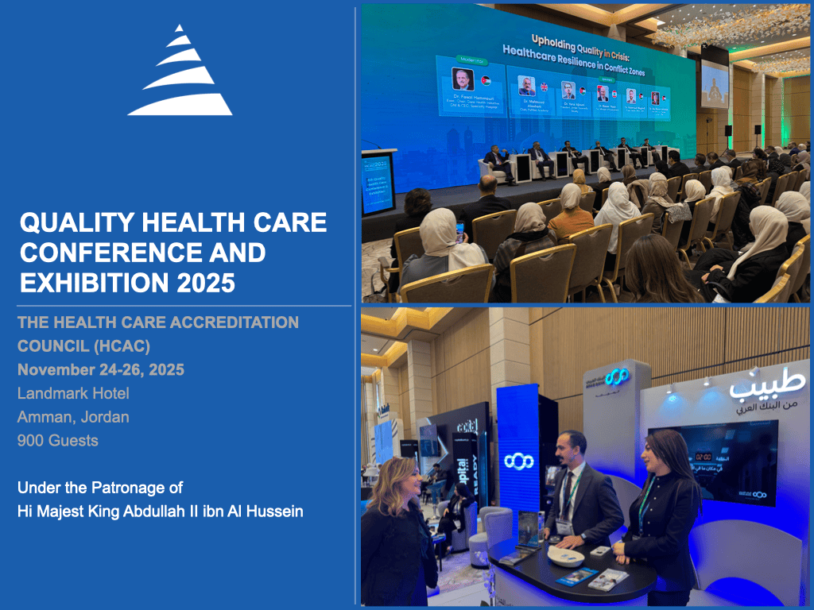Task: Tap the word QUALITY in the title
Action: coord(72,223)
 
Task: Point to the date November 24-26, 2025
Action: coord(101,369)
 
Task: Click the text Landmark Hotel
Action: coord(73,393)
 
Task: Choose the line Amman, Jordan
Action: coord(73,416)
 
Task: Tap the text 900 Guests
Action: coord(58,440)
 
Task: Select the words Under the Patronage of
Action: coord(100,487)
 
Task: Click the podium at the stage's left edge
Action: coord(378,183)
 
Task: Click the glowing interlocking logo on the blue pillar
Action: coord(519,461)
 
